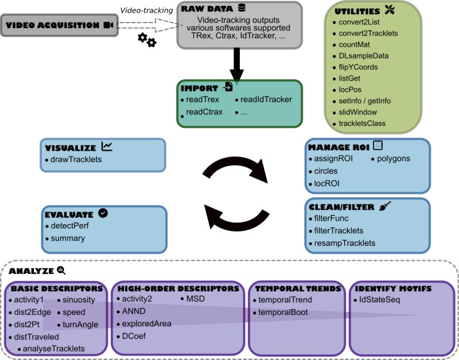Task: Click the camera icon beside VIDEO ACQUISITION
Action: click(x=108, y=25)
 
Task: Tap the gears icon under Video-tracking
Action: click(x=147, y=40)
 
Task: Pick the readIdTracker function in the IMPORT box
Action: click(x=266, y=99)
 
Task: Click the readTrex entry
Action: click(x=201, y=99)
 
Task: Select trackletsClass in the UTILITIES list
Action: click(x=362, y=123)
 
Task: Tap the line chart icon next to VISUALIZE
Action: click(x=107, y=146)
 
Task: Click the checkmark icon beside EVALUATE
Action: click(x=103, y=213)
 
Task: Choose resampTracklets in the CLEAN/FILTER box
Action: click(x=345, y=242)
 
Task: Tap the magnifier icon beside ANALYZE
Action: click(x=61, y=271)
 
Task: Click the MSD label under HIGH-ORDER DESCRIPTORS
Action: click(x=196, y=299)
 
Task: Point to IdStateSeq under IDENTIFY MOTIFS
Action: click(x=379, y=299)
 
